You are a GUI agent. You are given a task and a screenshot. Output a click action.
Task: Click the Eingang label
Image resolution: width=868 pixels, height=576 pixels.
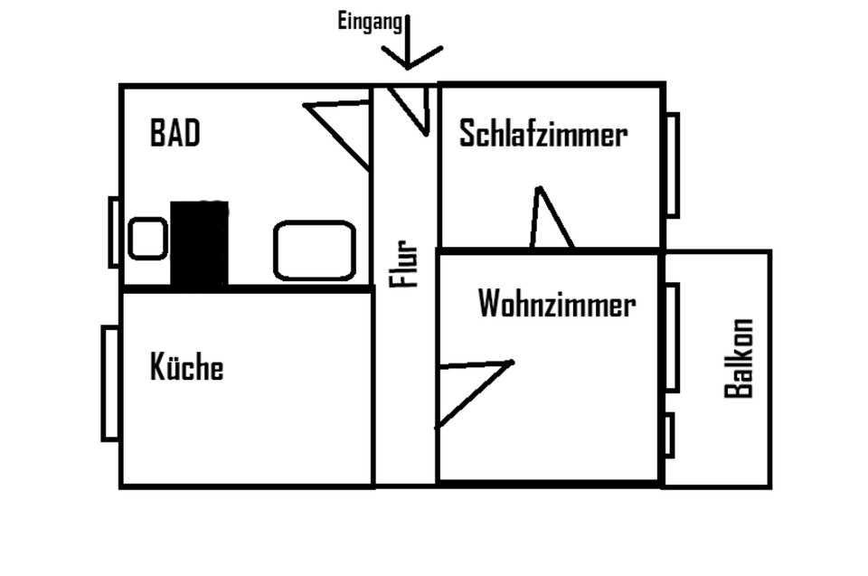coord(370,23)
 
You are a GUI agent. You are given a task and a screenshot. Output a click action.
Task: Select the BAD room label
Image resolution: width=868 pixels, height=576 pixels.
coord(175,134)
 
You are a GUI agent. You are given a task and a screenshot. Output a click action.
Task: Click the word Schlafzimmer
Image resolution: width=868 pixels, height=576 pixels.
coord(542,135)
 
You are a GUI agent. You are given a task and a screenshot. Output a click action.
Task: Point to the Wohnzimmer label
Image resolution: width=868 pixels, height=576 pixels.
coord(556,304)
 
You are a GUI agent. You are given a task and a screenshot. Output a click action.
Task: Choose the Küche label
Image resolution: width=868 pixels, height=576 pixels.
coord(186,367)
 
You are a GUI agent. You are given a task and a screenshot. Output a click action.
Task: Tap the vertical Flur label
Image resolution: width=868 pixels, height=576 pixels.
coord(405,263)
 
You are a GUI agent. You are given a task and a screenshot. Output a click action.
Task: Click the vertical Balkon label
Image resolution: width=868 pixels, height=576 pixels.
coord(739,358)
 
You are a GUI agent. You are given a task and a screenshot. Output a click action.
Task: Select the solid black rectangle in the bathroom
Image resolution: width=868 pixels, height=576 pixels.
coord(199,243)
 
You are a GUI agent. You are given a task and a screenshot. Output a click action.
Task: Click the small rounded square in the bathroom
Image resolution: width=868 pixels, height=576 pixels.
coord(146,238)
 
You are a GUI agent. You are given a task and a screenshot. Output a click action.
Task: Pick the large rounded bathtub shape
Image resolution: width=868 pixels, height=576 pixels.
coord(315,250)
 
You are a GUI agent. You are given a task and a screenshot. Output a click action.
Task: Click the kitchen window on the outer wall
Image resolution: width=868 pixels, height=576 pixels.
coord(110,382)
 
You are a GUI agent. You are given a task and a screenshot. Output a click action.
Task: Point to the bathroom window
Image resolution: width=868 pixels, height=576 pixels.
coord(115,232)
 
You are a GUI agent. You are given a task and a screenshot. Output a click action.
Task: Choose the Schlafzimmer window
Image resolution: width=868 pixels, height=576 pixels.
coord(673,165)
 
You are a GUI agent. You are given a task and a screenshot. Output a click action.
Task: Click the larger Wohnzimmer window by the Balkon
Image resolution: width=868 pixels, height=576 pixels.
coord(672,337)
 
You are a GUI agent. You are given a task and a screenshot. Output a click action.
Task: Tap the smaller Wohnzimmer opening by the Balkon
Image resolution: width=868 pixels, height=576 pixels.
coord(669,435)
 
